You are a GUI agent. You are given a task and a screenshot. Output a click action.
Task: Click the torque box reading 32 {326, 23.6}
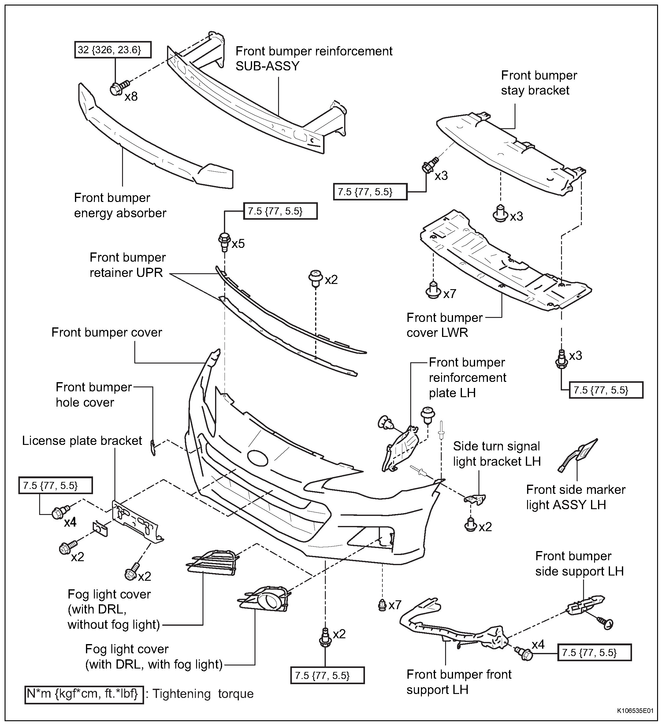(113, 50)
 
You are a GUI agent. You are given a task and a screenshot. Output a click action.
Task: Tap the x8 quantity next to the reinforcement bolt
(131, 97)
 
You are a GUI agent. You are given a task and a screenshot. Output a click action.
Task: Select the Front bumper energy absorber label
(120, 206)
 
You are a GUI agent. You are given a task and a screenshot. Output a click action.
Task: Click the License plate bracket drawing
(137, 521)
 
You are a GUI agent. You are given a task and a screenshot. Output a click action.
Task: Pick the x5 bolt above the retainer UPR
(224, 241)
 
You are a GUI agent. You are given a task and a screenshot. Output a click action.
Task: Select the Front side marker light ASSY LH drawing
(578, 456)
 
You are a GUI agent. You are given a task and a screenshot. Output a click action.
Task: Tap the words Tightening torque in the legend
(203, 693)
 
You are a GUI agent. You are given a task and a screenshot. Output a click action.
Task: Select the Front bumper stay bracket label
(539, 83)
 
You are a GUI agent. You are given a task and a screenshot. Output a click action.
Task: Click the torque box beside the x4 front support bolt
(594, 653)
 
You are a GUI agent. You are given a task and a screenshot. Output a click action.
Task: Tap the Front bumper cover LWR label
(444, 325)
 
